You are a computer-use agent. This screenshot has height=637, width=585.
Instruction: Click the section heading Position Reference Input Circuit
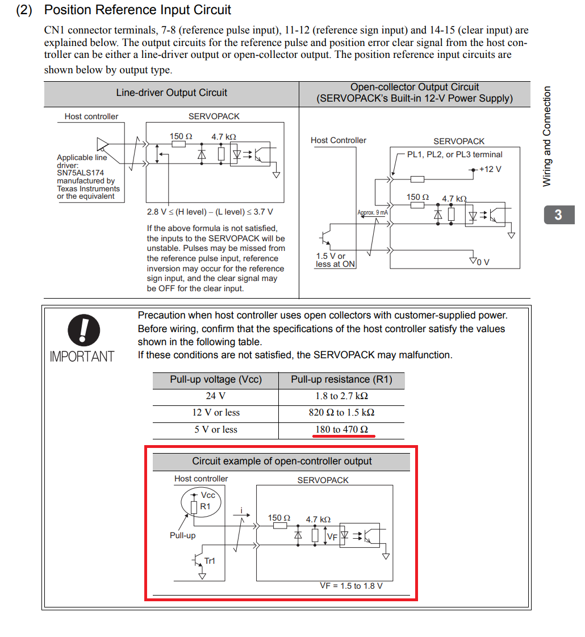click(137, 10)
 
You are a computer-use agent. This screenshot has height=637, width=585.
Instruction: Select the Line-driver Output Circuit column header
click(172, 93)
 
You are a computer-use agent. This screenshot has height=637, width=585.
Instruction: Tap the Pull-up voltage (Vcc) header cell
click(215, 380)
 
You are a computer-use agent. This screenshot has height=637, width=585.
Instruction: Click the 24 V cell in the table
click(215, 396)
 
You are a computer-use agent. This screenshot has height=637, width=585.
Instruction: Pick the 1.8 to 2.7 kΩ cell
click(341, 396)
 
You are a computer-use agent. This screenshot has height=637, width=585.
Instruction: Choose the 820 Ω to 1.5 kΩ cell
click(341, 413)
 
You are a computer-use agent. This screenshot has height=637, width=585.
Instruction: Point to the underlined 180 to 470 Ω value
click(341, 430)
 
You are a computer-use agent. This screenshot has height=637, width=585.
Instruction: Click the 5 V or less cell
click(215, 430)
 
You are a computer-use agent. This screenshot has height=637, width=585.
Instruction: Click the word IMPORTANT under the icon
click(82, 357)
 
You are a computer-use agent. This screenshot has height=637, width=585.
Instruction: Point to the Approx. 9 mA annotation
click(372, 213)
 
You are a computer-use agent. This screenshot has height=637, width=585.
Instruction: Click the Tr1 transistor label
click(210, 561)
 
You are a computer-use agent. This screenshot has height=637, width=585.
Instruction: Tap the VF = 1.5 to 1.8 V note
click(351, 586)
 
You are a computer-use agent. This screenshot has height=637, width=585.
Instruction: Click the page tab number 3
click(558, 215)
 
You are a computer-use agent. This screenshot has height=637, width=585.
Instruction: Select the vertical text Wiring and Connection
click(547, 136)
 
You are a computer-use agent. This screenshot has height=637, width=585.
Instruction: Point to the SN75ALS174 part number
click(80, 173)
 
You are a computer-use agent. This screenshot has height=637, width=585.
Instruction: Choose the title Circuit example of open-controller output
click(282, 462)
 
